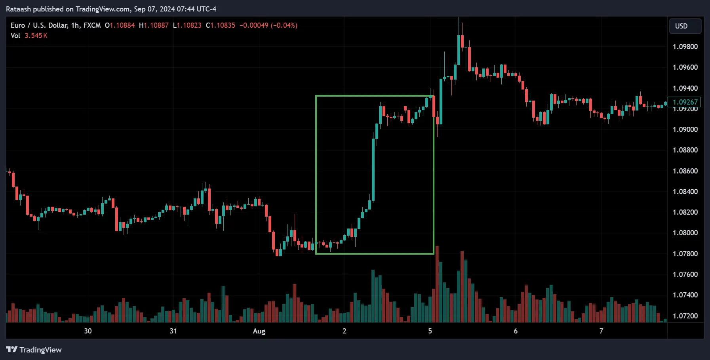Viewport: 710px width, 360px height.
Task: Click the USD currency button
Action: point(685,26)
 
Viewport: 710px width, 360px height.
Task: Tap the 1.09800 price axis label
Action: point(685,47)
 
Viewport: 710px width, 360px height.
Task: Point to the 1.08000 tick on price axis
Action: point(685,233)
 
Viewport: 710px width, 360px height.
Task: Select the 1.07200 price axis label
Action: point(685,316)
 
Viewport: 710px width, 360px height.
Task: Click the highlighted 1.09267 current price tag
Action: point(685,102)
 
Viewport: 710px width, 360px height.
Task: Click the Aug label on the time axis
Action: point(259,331)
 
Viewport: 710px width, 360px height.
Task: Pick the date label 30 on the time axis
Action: point(88,331)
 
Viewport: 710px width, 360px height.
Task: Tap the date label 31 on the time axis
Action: point(173,331)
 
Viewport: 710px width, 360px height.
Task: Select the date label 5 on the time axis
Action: point(430,331)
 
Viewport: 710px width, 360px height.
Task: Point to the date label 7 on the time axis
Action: point(601,331)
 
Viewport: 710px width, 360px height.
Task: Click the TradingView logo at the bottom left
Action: point(34,350)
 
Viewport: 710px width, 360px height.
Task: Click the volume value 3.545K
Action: point(36,36)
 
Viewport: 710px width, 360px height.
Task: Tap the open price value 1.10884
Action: point(122,25)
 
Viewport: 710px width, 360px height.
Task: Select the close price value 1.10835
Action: point(223,25)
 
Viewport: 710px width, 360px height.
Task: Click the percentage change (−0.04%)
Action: point(284,25)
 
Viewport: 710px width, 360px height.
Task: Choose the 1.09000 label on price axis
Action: point(685,130)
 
